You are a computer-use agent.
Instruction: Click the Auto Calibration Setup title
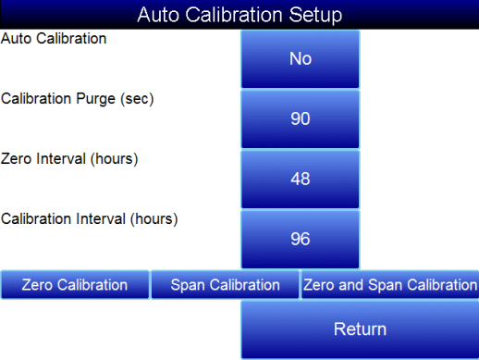coord(239,15)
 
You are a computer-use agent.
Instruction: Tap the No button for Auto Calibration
coord(300,58)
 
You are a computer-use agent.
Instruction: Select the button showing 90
coord(300,118)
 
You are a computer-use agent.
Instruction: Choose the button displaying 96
coord(300,239)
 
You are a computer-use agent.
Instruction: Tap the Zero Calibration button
coord(75,285)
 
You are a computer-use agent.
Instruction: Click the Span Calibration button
coord(225,285)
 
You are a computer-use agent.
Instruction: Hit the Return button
coord(360,329)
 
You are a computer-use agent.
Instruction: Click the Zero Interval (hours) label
coord(69,159)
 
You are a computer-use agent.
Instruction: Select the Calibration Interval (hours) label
coord(89,219)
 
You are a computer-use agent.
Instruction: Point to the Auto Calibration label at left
coord(54,40)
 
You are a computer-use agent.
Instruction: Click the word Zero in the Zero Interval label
coord(18,159)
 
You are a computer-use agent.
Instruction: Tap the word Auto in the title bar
coord(156,15)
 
